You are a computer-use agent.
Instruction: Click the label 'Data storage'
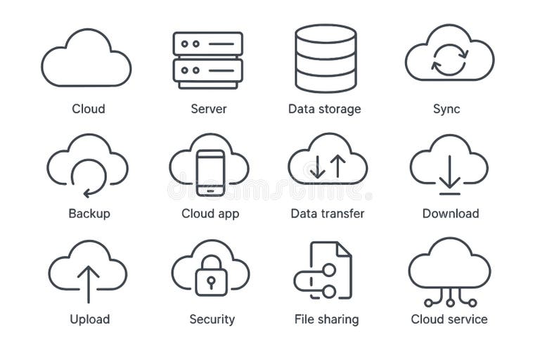pos(324,109)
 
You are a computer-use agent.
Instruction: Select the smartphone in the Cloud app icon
pos(210,173)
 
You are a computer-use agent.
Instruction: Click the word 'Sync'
pos(446,109)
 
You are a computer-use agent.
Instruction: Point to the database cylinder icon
pos(326,59)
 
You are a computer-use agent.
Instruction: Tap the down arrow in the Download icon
pos(449,174)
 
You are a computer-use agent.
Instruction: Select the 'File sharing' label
pos(326,319)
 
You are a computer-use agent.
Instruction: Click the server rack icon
pos(207,59)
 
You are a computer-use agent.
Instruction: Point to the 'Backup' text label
pos(89,213)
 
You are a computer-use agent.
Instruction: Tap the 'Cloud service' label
pos(449,319)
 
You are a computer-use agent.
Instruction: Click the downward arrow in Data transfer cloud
pos(318,166)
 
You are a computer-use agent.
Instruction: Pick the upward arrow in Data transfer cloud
pos(337,166)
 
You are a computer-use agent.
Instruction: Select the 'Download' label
pos(450,213)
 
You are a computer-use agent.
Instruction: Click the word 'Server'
pos(209,109)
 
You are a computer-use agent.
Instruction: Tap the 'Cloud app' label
pos(210,213)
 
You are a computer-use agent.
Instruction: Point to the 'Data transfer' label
pos(328,213)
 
